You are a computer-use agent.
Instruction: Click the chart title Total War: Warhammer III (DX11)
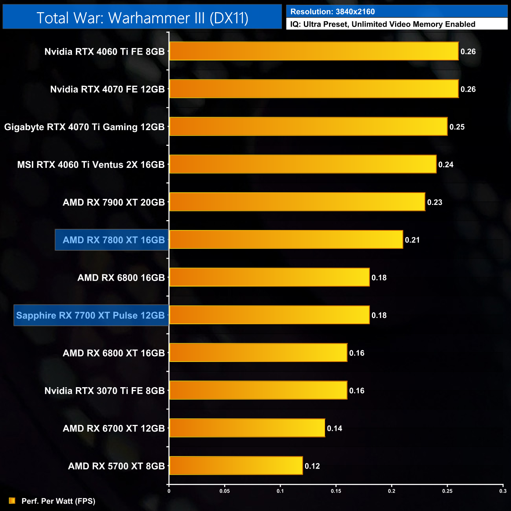142,18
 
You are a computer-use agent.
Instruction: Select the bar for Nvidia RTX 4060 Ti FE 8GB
314,51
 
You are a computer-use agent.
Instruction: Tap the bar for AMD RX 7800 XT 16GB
286,239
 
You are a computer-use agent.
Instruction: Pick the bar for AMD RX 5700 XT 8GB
236,466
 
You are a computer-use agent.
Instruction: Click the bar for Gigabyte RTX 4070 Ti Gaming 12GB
308,127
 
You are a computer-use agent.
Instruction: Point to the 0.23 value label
435,202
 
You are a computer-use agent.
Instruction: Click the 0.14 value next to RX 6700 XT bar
335,428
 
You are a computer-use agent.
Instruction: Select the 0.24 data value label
446,164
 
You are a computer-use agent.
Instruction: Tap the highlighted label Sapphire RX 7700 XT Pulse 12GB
90,315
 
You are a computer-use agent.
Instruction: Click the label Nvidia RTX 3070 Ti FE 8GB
105,391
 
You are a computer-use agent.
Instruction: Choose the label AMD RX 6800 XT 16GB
114,353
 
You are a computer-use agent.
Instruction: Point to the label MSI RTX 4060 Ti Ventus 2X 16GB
91,165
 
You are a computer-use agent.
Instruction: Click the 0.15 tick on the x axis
336,491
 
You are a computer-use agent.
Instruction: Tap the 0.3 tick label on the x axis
503,491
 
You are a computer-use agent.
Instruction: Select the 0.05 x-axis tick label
224,491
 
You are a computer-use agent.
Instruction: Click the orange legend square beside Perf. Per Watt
12,501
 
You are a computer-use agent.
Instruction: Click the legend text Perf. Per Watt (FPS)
58,501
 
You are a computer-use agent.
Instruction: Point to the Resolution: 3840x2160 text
333,12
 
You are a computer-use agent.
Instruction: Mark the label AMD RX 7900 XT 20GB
114,202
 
